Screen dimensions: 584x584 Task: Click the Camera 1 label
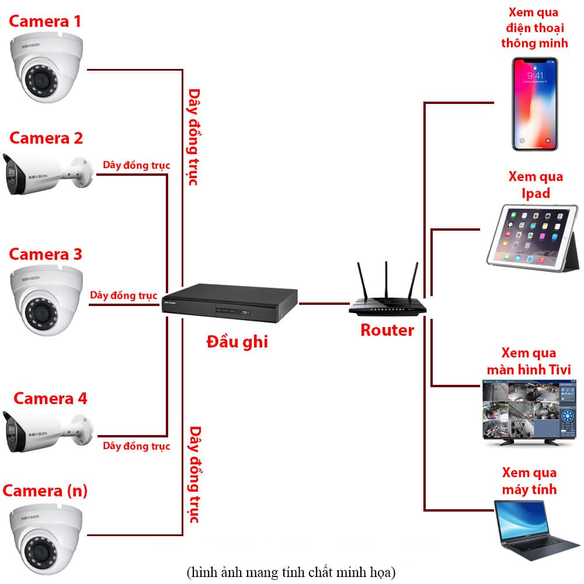(45, 21)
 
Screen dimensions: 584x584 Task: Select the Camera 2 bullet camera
(48, 174)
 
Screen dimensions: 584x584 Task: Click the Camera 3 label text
(45, 255)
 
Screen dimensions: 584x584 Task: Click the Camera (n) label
(45, 491)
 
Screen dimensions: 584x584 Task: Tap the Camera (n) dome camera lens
(40, 551)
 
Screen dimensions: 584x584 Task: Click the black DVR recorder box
(230, 303)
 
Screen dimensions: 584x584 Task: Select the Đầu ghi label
(237, 342)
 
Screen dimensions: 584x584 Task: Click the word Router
(387, 331)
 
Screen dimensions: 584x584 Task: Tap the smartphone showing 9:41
(535, 104)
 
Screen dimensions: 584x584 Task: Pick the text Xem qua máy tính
(529, 481)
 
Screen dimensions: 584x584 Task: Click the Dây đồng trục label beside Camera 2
(136, 165)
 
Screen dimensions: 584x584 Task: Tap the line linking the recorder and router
(324, 304)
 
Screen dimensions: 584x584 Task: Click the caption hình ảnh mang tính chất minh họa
(291, 572)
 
